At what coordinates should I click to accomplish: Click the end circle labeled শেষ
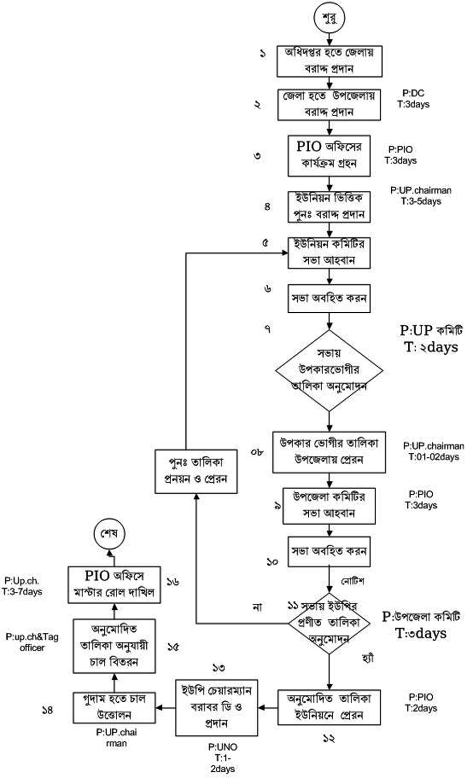coord(109,534)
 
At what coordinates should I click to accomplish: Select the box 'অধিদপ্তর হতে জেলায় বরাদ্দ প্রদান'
coord(329,61)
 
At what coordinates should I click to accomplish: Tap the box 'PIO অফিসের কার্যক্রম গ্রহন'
coord(329,155)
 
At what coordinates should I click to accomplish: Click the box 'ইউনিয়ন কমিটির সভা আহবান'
coord(329,253)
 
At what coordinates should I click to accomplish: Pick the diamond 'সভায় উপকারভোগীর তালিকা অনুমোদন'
coord(329,370)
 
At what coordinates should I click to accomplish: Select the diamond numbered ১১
coord(329,622)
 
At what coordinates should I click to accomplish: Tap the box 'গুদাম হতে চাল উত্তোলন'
coord(114,706)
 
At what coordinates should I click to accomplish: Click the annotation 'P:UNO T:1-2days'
coord(223,758)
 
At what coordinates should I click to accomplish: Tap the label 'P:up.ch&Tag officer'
coord(32,642)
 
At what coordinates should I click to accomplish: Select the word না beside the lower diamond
coord(257,607)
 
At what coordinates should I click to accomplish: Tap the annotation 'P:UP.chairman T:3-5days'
coord(421,196)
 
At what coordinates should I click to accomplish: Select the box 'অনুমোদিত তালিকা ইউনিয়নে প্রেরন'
coord(329,706)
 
